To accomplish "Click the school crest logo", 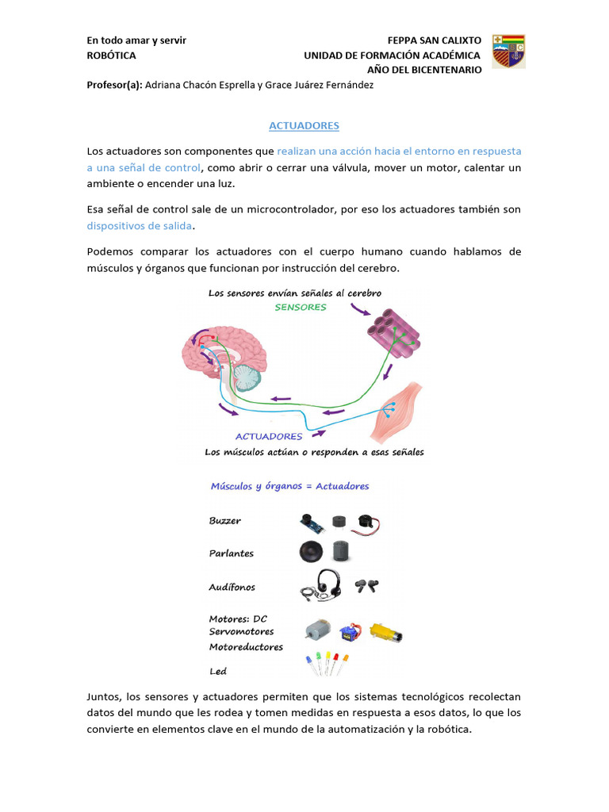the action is click(x=508, y=52).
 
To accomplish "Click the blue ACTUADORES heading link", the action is click(x=304, y=125).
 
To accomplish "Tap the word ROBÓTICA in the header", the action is click(x=110, y=56).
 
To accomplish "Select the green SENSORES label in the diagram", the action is click(x=301, y=307).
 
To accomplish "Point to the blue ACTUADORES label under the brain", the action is click(x=269, y=436).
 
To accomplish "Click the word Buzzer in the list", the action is click(x=225, y=521).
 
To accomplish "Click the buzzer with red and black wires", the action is click(x=370, y=521).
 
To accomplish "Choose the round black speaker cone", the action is click(x=312, y=552).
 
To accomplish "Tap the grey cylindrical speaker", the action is click(x=342, y=552).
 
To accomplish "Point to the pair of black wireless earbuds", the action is click(x=366, y=587).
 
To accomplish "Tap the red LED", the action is click(x=335, y=660).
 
